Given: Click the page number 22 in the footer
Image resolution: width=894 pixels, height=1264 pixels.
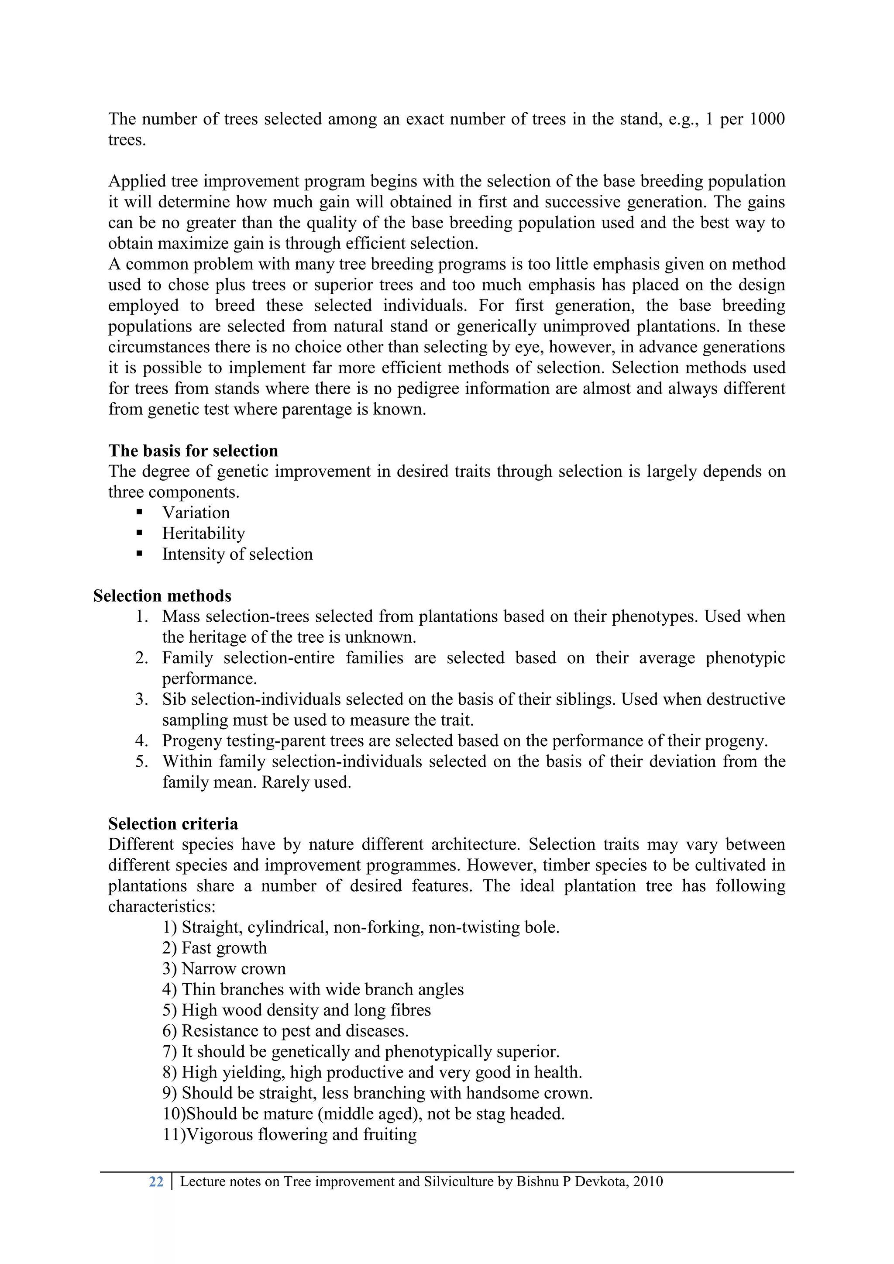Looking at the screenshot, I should [x=156, y=1182].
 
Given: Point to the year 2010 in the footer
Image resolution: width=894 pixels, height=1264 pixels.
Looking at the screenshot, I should [x=647, y=1182].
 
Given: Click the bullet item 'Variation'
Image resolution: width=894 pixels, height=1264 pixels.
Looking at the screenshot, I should [x=196, y=513].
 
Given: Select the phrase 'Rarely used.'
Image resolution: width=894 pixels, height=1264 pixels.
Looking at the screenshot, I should [x=306, y=782].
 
